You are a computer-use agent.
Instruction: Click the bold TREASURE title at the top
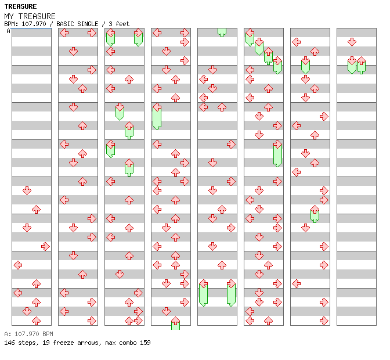tap(20, 6)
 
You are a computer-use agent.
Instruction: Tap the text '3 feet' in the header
tap(118, 24)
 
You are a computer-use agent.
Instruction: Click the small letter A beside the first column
tap(9, 31)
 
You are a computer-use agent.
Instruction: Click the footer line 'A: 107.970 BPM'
tap(28, 334)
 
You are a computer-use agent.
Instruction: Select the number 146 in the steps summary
tap(10, 343)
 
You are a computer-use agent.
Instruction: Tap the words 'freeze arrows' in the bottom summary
tap(78, 343)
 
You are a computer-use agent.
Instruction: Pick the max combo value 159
tap(145, 343)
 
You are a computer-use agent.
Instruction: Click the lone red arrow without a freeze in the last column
tap(352, 42)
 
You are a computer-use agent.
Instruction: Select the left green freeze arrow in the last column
tap(352, 64)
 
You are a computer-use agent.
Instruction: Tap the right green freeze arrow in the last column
tap(361, 64)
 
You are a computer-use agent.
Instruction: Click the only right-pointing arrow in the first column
tap(45, 246)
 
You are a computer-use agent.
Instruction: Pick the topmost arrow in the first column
tap(27, 190)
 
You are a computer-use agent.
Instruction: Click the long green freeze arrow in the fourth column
tap(157, 116)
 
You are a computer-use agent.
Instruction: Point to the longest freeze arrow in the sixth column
tap(277, 154)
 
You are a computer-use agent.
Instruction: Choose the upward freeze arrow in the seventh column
tap(315, 214)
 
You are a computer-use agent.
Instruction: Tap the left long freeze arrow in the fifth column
tap(203, 293)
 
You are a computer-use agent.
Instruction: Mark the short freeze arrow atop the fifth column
tap(222, 32)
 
